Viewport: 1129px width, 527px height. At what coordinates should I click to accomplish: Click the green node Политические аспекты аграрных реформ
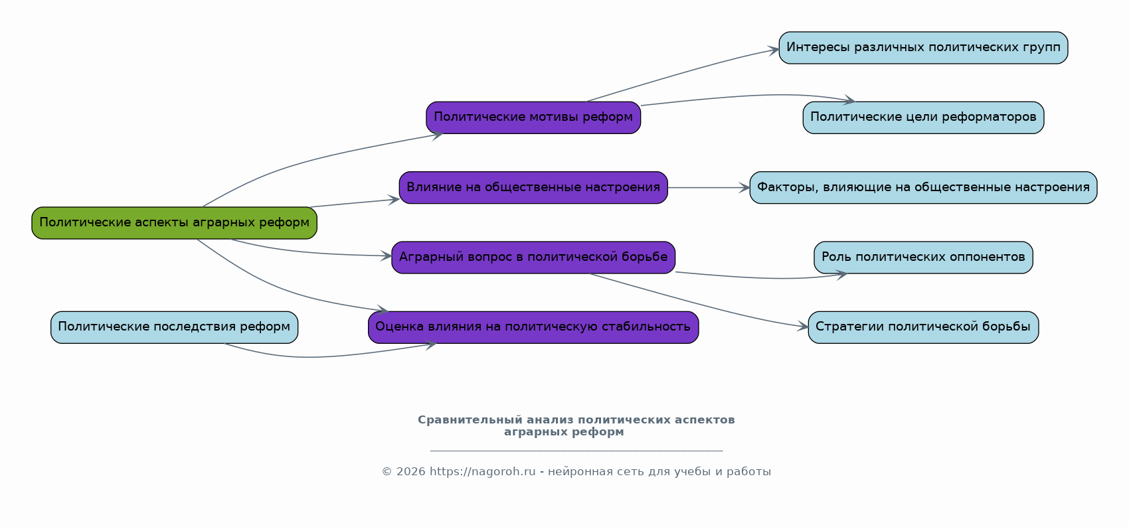point(175,223)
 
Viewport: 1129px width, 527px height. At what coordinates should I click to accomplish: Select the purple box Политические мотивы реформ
point(533,117)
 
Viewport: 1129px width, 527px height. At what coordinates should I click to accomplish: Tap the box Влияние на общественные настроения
point(533,187)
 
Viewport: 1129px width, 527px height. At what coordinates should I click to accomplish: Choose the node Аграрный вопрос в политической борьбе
point(533,258)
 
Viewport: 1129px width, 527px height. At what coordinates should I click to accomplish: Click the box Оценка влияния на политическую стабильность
point(533,327)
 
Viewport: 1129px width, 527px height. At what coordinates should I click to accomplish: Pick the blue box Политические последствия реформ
point(175,327)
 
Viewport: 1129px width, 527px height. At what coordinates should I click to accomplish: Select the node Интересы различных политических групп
point(923,48)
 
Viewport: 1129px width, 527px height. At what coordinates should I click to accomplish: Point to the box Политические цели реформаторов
point(923,117)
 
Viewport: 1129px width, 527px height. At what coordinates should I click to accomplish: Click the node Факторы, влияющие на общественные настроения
point(923,187)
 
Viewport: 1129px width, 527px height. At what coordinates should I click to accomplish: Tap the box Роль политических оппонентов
point(923,258)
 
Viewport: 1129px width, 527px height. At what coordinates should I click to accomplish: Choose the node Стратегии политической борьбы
point(923,327)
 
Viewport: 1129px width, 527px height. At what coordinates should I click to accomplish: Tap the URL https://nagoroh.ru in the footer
point(482,472)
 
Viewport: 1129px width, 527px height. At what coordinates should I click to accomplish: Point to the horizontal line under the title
point(576,450)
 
